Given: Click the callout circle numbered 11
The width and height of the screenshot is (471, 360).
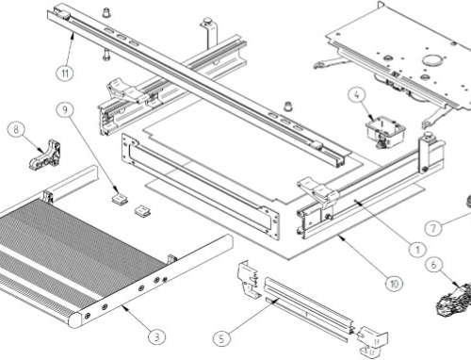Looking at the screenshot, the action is (x=65, y=74).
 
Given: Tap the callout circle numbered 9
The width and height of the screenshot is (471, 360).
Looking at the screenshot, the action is (x=65, y=109).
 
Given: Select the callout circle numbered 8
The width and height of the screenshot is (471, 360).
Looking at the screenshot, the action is (x=16, y=129).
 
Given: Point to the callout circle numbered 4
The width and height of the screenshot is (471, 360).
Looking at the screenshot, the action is (x=357, y=95).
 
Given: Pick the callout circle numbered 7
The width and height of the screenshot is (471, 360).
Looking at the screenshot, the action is (x=433, y=228).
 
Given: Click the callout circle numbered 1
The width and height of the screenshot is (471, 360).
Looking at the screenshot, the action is (x=417, y=250).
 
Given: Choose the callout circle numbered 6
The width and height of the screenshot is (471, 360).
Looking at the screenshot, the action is (x=434, y=264).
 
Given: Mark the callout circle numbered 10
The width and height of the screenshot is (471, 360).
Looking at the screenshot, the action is (x=394, y=284).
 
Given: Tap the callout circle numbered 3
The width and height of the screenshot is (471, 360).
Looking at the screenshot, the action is (x=156, y=337).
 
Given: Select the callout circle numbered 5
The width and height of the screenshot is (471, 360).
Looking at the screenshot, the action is (x=221, y=339).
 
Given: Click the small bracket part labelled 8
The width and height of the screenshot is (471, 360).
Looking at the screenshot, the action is (x=45, y=155).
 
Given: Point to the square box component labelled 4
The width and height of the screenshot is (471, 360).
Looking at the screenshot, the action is (x=385, y=131).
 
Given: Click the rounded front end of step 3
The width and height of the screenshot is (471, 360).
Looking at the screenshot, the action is (x=75, y=319).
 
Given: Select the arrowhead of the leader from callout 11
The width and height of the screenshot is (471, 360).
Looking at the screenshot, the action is (x=73, y=35).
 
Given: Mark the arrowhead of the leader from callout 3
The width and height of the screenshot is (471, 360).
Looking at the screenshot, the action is (x=124, y=307).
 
